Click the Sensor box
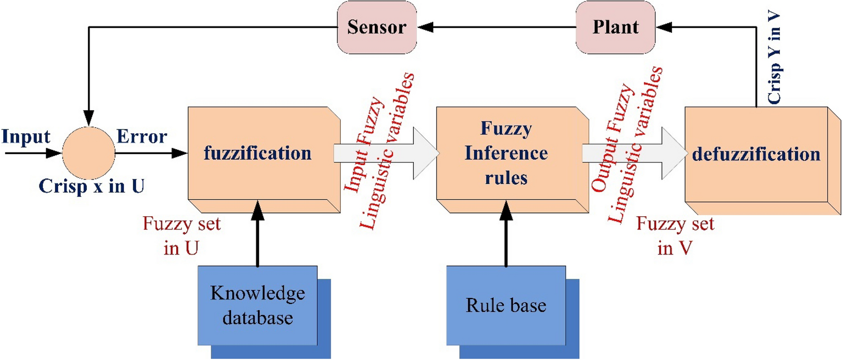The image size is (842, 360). pyautogui.click(x=377, y=27)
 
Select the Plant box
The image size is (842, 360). pyautogui.click(x=616, y=27)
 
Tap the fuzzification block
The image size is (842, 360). pyautogui.click(x=257, y=153)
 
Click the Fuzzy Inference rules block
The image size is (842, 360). pyautogui.click(x=506, y=154)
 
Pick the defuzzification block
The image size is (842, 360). pyautogui.click(x=756, y=154)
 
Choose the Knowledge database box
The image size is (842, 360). pyautogui.click(x=257, y=305)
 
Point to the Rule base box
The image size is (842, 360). pyautogui.click(x=506, y=305)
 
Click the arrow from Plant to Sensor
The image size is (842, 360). pyautogui.click(x=497, y=27)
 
